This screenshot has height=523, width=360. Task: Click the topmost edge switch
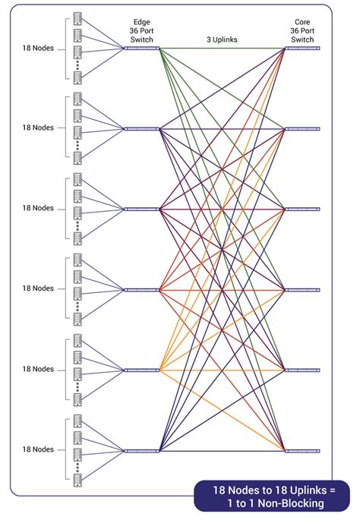click(142, 49)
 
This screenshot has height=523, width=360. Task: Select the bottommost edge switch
click(142, 451)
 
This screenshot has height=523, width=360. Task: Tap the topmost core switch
click(302, 49)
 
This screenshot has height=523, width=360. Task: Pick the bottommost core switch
click(302, 451)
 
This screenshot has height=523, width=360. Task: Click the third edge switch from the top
click(142, 209)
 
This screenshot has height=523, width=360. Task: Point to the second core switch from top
click(302, 129)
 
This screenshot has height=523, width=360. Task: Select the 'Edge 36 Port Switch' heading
click(142, 30)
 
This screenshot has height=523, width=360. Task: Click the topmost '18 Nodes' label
click(38, 48)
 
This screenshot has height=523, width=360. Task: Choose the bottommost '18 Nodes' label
click(38, 449)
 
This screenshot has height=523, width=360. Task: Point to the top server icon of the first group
click(77, 18)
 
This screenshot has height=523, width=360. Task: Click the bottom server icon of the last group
click(77, 480)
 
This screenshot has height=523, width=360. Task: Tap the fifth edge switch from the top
click(142, 370)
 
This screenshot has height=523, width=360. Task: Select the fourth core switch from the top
click(302, 290)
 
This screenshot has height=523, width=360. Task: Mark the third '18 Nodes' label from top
click(38, 208)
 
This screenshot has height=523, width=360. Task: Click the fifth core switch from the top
click(302, 370)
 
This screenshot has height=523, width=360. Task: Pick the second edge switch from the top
click(142, 129)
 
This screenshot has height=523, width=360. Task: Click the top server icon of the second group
click(77, 99)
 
